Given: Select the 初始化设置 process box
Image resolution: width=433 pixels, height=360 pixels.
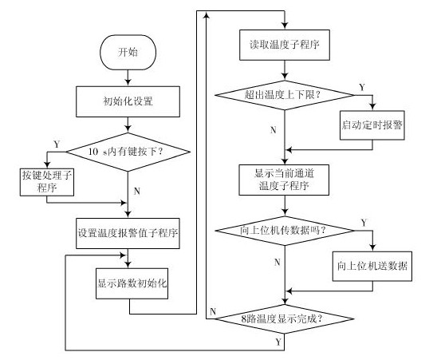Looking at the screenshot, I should point(127,101).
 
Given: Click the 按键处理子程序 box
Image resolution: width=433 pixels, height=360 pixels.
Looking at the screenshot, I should point(45,180).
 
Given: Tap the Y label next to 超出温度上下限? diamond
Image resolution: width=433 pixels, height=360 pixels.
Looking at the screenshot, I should point(363,87).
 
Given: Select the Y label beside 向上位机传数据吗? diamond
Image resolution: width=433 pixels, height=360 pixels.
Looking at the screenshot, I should point(363,222).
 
